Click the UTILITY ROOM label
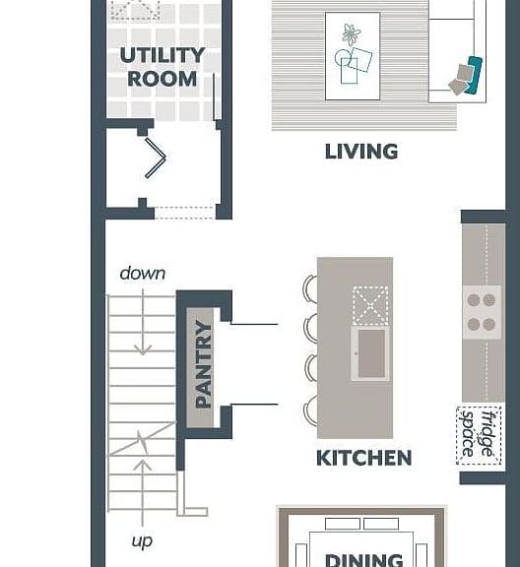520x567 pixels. pos(162,67)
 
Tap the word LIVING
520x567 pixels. pos(361,152)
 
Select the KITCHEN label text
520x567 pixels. pos(364,458)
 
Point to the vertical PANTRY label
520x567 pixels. pos(203,364)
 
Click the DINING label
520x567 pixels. pos(364,560)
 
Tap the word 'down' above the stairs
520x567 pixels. pos(143,274)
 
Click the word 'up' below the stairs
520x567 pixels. pos(142,541)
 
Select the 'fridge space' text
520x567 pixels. pos(479,435)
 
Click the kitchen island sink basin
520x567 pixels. pos(371,353)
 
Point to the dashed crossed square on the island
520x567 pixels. pos(371,305)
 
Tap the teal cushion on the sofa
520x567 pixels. pos(474,76)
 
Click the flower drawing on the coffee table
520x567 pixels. pos(351,34)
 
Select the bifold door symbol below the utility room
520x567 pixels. pos(156,157)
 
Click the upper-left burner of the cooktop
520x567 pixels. pos(474,300)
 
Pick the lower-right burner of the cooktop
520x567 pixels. pos(489,325)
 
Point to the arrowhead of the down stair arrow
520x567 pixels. pos(143,350)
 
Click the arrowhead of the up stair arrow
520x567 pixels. pos(142,465)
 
